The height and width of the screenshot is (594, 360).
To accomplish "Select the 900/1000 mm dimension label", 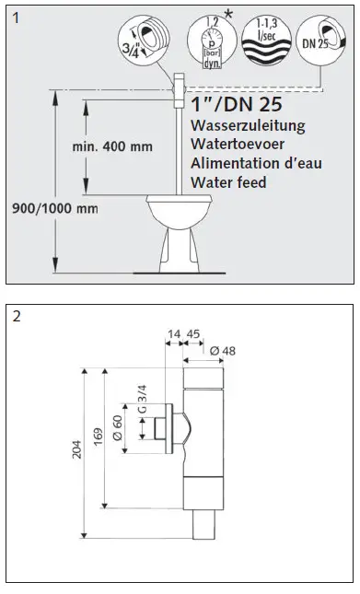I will click(x=51, y=208).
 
